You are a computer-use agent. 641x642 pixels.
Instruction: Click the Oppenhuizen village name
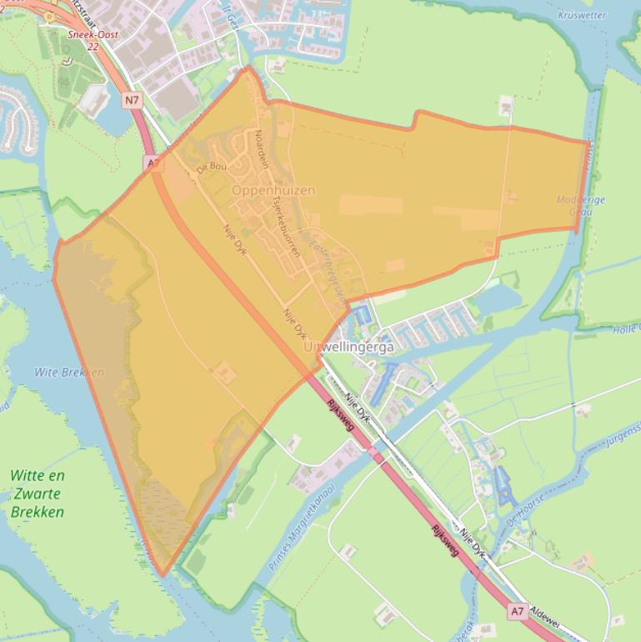click(x=273, y=190)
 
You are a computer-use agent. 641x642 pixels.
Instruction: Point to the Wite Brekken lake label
click(x=69, y=372)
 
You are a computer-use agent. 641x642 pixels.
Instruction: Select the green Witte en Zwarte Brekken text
click(x=38, y=494)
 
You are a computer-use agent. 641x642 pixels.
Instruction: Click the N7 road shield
click(x=133, y=100)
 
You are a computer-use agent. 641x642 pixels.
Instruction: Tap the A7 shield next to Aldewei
click(x=518, y=611)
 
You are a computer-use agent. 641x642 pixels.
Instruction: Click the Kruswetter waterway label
click(x=582, y=15)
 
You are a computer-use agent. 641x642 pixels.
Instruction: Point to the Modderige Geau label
click(x=580, y=205)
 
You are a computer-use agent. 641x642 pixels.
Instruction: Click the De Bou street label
click(x=211, y=168)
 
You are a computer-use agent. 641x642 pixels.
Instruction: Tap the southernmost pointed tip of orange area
click(x=163, y=574)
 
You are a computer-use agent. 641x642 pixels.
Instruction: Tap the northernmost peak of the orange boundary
click(x=247, y=68)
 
